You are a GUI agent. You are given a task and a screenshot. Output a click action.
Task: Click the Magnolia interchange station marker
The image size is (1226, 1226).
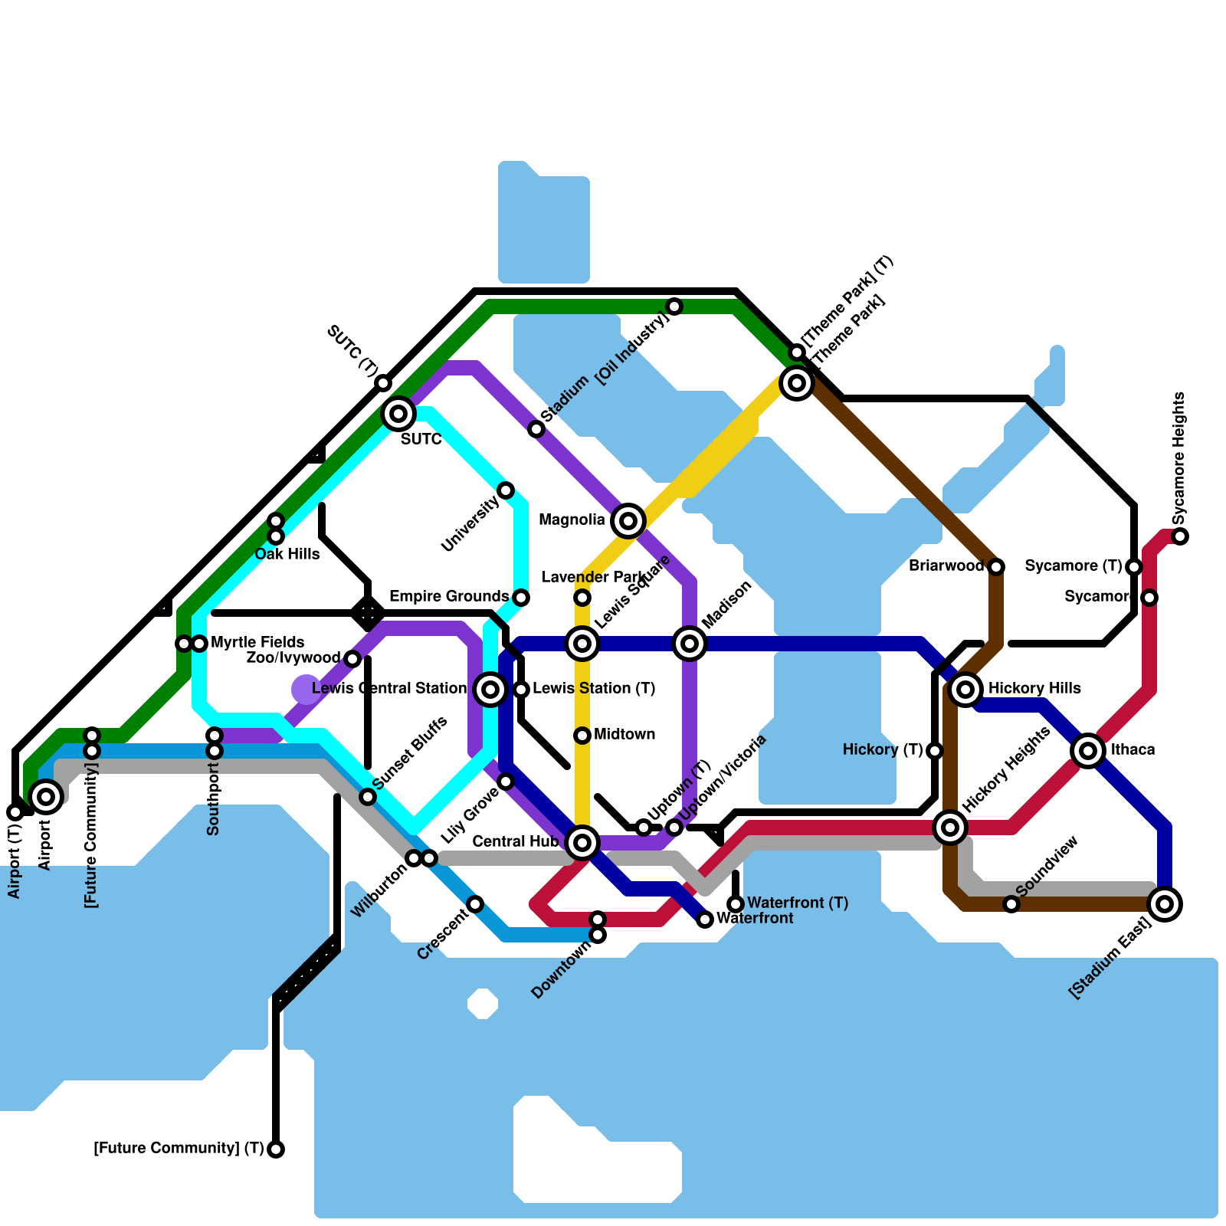click(x=628, y=521)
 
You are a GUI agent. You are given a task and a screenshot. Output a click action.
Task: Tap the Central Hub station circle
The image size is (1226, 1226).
click(x=582, y=843)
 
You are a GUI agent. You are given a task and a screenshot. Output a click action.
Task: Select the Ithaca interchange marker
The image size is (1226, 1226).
click(x=1088, y=751)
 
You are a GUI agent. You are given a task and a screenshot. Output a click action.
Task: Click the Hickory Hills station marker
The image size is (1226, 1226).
click(x=965, y=690)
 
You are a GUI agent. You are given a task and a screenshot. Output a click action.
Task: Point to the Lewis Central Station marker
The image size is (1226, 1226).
click(x=490, y=690)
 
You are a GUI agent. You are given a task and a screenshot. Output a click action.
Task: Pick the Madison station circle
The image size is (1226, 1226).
click(x=690, y=644)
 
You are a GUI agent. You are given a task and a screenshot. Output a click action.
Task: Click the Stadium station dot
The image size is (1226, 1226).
click(x=536, y=429)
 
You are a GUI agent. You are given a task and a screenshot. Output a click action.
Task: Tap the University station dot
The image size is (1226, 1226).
click(x=506, y=490)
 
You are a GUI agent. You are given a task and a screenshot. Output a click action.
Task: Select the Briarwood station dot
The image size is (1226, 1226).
click(x=996, y=567)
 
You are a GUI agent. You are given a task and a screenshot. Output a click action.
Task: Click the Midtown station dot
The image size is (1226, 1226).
click(x=582, y=736)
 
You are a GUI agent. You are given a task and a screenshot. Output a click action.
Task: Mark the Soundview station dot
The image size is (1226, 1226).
click(x=1011, y=904)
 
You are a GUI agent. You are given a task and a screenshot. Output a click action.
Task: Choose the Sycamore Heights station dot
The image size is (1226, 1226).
click(x=1180, y=536)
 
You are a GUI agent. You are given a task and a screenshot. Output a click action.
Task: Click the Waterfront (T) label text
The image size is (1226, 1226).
click(x=798, y=903)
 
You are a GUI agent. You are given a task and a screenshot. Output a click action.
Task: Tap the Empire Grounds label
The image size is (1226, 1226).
click(x=449, y=596)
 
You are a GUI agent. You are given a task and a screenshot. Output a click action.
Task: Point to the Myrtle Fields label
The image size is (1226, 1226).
click(x=257, y=642)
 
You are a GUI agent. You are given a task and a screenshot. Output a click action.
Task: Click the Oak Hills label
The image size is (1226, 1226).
click(x=287, y=554)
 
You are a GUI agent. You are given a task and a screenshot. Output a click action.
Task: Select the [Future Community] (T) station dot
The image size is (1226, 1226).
click(x=276, y=1149)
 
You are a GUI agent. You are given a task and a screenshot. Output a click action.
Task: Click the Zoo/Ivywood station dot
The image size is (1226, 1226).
click(x=352, y=659)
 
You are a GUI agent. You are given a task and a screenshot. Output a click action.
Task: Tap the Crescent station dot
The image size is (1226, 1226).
click(x=475, y=904)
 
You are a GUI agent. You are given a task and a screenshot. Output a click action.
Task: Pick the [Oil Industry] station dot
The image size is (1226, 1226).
click(x=674, y=306)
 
